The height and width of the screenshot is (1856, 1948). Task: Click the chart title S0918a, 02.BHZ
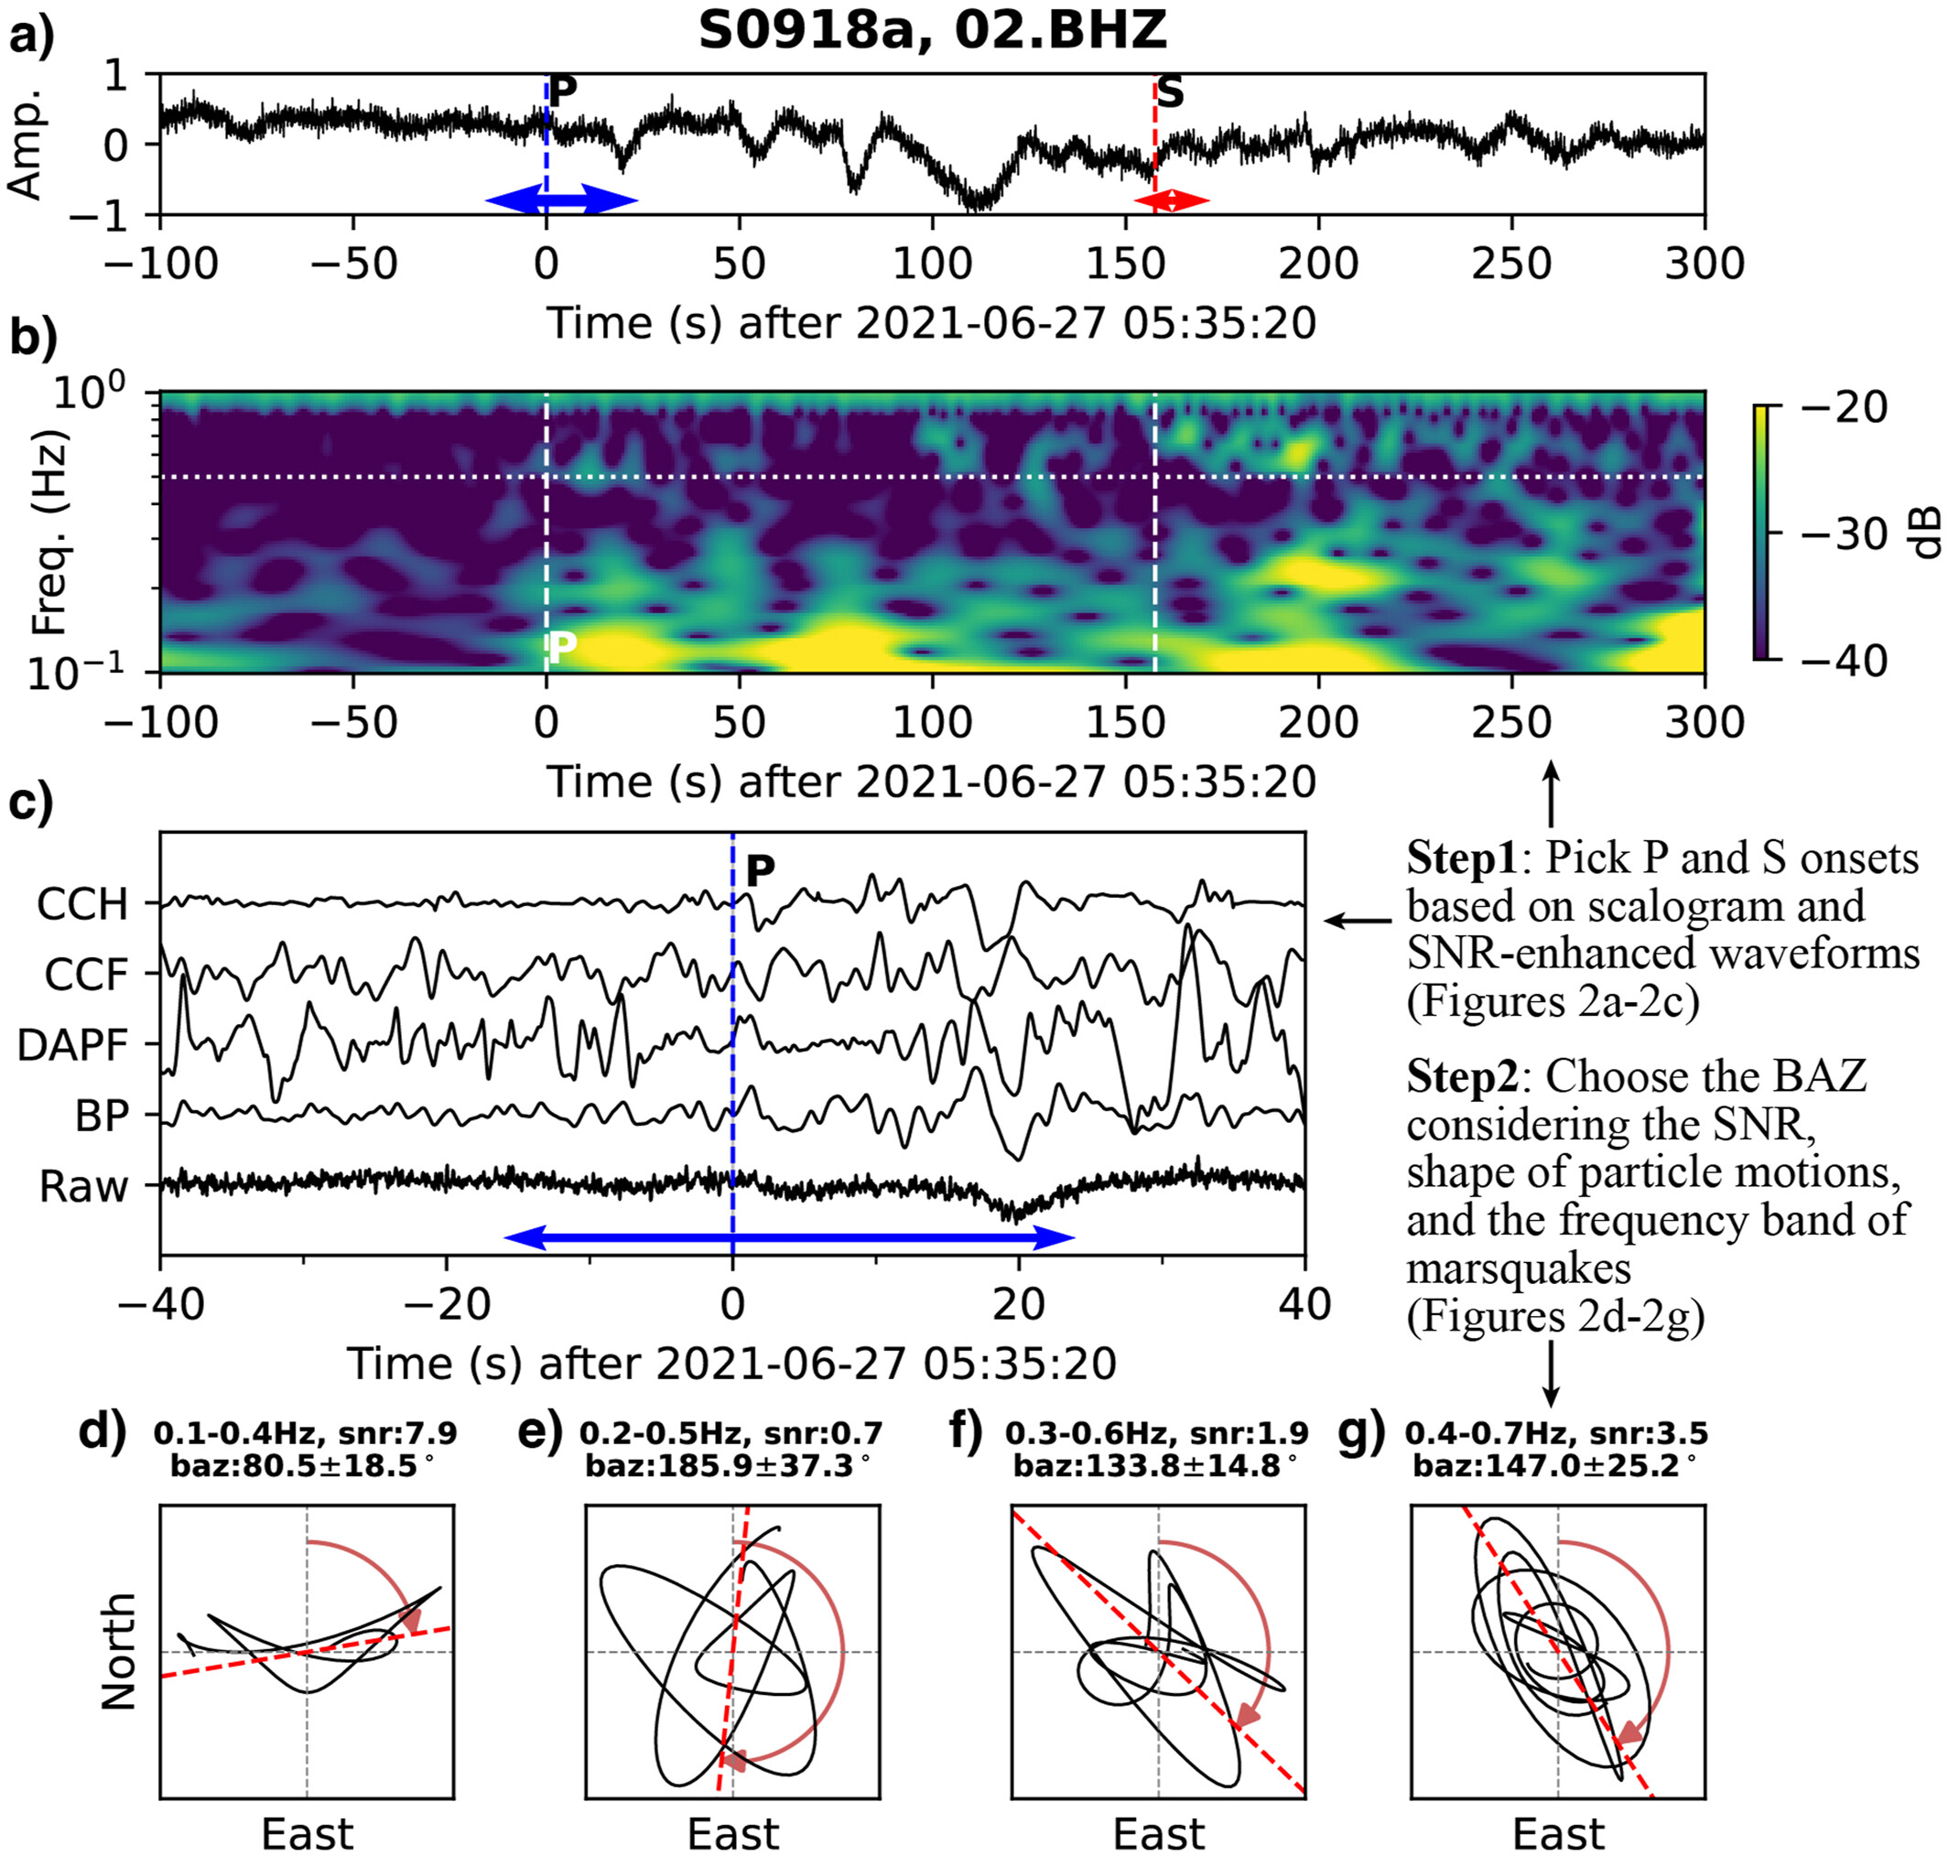[x=932, y=31]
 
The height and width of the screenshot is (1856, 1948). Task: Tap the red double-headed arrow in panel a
[x=1172, y=200]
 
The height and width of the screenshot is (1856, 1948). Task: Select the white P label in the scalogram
[x=561, y=647]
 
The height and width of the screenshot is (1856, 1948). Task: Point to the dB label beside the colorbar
[x=1925, y=533]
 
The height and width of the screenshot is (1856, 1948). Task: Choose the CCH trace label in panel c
[x=82, y=904]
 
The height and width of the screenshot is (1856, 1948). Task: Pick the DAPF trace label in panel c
[x=72, y=1046]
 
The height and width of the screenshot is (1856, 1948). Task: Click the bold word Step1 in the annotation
[x=1461, y=858]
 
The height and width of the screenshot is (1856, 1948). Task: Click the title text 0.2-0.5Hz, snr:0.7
[x=730, y=1433]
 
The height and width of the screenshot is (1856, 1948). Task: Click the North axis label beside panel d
[x=119, y=1651]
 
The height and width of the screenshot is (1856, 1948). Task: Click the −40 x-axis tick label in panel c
[x=161, y=1304]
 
